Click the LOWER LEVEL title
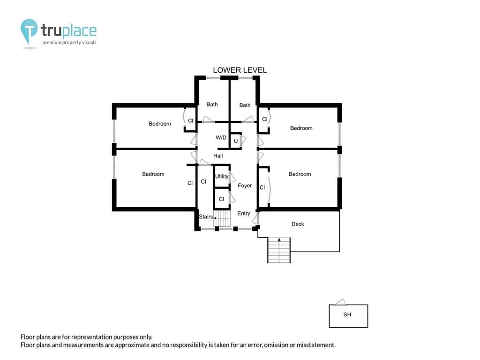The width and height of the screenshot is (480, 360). click(x=240, y=70)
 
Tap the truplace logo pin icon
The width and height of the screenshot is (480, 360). click(x=29, y=30)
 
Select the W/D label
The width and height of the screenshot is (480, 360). click(x=221, y=137)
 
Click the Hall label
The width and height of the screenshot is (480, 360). click(x=218, y=156)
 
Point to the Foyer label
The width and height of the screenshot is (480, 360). click(x=245, y=186)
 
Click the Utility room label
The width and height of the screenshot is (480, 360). click(x=222, y=176)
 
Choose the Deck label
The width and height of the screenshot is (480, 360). click(x=298, y=224)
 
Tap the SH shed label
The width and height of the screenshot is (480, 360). click(x=347, y=315)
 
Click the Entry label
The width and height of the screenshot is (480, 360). click(x=244, y=213)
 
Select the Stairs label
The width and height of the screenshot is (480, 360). click(x=206, y=217)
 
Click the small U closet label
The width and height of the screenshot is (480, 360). click(x=236, y=141)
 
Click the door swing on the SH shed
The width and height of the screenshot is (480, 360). click(x=340, y=302)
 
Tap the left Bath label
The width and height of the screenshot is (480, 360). click(x=212, y=105)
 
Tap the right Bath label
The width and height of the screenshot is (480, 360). click(x=245, y=105)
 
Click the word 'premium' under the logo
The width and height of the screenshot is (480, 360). click(x=52, y=43)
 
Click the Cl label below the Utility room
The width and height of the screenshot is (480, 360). click(x=221, y=199)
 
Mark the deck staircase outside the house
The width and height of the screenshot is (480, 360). click(x=279, y=250)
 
